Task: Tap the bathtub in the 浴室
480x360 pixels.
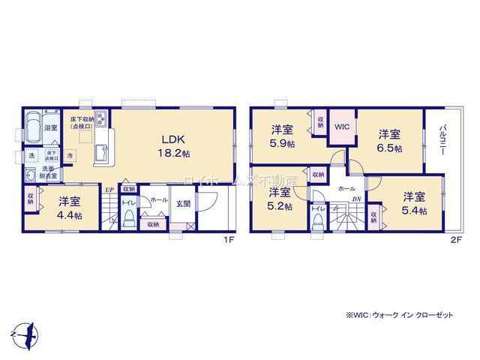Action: point(32,129)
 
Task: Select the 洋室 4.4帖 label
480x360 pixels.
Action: point(69,206)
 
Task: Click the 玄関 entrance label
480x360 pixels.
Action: point(183,202)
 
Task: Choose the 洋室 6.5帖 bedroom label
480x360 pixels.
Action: point(388,140)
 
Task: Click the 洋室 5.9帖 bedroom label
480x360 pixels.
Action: point(283,136)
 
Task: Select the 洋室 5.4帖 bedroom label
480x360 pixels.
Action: point(415,204)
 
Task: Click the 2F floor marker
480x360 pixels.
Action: point(455,241)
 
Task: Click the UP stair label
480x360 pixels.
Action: point(109,191)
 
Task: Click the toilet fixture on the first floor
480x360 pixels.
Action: point(128,218)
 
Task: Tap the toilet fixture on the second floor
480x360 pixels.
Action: point(319,219)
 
